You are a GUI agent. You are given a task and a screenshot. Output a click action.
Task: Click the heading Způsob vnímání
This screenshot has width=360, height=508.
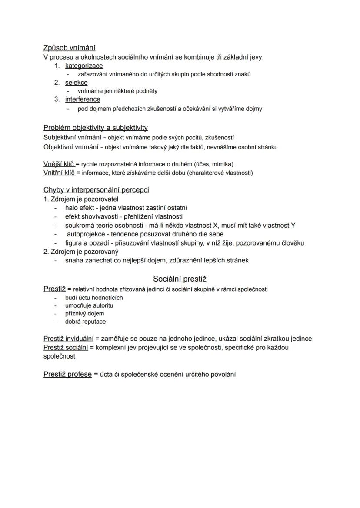(70, 48)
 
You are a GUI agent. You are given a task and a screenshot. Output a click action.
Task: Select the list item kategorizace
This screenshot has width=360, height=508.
(84, 66)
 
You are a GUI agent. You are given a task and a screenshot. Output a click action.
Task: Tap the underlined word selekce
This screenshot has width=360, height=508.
(76, 83)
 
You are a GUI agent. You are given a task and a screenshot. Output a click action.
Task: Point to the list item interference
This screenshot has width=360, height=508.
(83, 100)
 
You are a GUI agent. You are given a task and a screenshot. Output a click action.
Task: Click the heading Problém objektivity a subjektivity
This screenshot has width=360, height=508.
(96, 128)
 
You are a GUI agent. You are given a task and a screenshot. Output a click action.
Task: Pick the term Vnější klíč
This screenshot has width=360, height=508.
(59, 164)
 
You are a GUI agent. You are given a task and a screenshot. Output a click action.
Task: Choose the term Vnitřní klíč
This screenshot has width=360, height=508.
(59, 173)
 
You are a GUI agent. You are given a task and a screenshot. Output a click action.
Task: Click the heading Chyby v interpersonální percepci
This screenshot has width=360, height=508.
(96, 190)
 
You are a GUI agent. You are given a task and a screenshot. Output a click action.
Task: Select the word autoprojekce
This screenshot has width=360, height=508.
(85, 234)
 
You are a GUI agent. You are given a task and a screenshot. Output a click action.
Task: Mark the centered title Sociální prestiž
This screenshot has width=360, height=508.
(180, 279)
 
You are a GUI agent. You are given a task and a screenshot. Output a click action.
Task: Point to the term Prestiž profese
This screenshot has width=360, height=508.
(67, 374)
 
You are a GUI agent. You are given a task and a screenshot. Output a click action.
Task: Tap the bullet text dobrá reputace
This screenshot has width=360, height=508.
(85, 322)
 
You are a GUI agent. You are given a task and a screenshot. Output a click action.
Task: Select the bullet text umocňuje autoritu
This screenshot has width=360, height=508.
(89, 305)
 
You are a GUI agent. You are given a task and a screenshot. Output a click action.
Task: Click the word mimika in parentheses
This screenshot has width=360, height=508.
(222, 164)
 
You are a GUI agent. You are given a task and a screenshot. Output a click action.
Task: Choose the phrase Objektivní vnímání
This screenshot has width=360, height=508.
(71, 147)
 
